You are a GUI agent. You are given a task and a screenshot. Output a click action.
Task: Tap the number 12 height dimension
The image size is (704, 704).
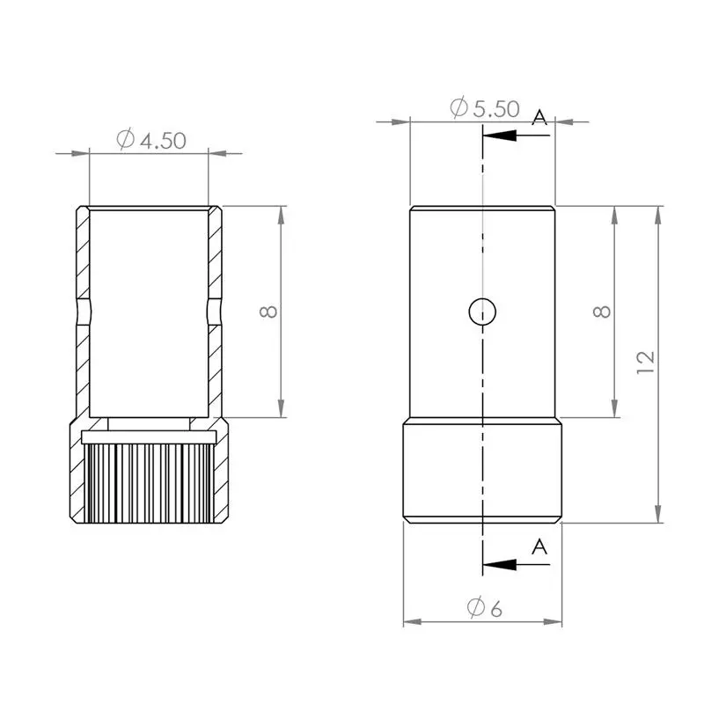[x=646, y=360]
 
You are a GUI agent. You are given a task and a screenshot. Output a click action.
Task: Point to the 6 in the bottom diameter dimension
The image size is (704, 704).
[x=495, y=608]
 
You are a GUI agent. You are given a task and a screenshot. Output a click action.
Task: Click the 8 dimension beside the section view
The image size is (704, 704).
[x=269, y=311]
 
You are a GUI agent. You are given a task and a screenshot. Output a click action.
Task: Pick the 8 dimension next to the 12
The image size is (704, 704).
[x=601, y=311]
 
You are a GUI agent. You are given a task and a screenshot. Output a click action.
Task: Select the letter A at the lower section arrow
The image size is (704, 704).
[x=539, y=547]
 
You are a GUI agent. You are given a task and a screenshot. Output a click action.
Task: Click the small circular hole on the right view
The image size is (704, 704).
[x=482, y=311]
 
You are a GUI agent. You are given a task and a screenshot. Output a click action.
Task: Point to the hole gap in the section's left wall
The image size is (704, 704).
[x=83, y=312]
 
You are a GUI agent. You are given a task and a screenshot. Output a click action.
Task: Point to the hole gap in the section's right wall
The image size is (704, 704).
[x=215, y=312]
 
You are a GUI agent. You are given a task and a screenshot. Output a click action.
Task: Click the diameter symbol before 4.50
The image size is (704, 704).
[x=124, y=140]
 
